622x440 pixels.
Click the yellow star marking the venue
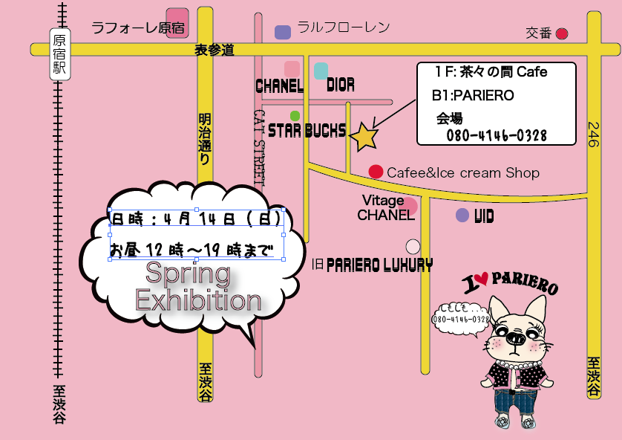(x=364, y=137)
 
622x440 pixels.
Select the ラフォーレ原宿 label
(x=137, y=28)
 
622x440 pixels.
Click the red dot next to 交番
(x=562, y=33)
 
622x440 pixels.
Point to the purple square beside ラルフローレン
(x=283, y=32)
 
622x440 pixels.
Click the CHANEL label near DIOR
(x=280, y=86)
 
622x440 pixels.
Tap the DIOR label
(x=341, y=85)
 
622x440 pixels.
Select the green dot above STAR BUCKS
(x=295, y=116)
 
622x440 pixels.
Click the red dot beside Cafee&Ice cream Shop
(x=376, y=172)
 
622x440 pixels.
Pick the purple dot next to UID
(x=462, y=216)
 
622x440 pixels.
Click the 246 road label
(x=593, y=135)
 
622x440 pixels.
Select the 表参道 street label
(x=215, y=51)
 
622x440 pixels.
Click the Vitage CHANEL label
(x=385, y=208)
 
